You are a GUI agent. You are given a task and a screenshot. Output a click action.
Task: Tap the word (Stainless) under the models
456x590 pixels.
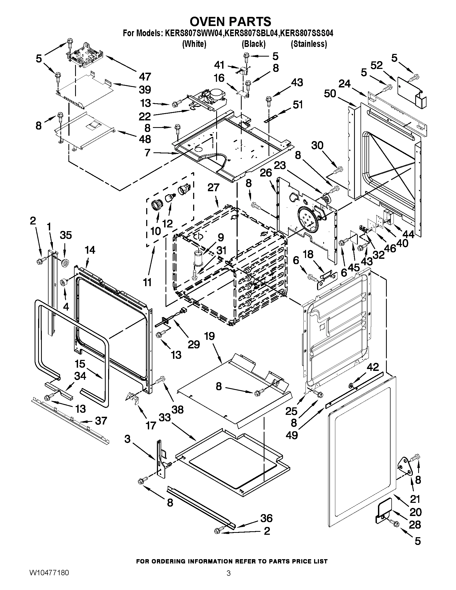click(309, 44)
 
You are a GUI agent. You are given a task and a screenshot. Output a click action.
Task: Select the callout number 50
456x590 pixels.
click(330, 94)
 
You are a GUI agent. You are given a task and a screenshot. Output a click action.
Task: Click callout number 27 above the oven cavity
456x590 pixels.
click(213, 187)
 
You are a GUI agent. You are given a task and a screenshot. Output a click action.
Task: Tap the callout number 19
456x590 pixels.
click(209, 336)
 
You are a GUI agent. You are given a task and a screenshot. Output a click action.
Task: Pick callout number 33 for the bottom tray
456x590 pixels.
click(164, 417)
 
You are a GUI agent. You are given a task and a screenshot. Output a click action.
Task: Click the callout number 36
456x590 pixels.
click(266, 518)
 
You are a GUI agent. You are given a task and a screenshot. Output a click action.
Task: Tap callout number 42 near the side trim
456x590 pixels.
click(372, 367)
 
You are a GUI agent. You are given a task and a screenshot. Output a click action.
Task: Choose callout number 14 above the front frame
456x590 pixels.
click(90, 250)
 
